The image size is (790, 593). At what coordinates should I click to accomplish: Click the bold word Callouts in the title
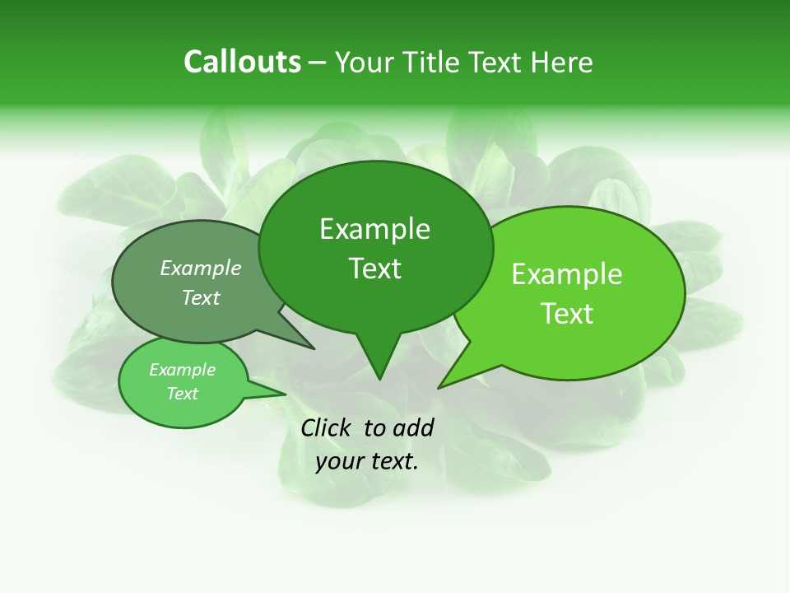242,62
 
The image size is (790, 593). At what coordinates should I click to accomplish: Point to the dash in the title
318,63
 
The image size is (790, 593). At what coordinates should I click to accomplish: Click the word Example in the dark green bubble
374,229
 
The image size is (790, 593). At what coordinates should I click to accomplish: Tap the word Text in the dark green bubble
374,268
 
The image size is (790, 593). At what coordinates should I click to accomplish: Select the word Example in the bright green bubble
567,274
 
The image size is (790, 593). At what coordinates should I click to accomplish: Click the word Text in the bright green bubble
567,314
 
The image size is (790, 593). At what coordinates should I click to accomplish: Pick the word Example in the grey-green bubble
201,268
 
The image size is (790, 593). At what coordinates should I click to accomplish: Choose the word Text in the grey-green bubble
201,297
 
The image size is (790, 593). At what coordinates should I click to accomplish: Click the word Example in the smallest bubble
182,370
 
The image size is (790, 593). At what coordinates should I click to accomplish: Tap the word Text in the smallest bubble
182,394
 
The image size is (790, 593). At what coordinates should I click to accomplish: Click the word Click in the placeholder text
327,427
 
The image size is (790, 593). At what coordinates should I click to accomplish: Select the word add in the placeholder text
414,427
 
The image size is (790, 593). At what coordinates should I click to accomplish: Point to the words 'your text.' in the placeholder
367,461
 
